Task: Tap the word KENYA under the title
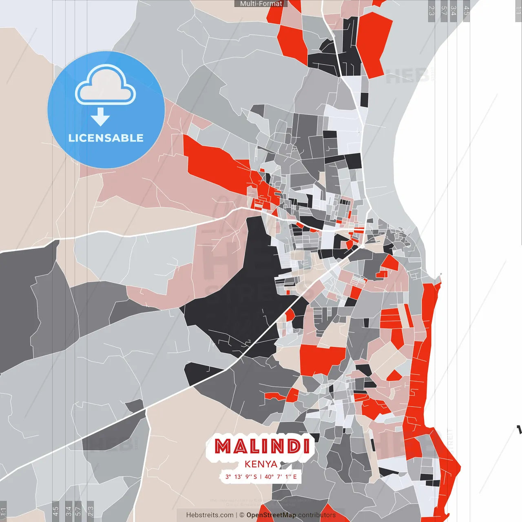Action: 261,464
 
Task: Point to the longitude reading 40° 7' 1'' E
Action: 281,476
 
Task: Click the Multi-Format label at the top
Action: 261,4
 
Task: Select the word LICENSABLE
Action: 106,138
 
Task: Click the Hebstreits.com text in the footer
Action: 210,515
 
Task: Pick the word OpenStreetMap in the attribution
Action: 271,515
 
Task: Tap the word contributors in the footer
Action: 317,515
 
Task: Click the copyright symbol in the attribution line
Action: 242,515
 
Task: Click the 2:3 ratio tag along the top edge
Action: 431,10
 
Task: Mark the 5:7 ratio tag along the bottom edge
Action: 78,511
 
